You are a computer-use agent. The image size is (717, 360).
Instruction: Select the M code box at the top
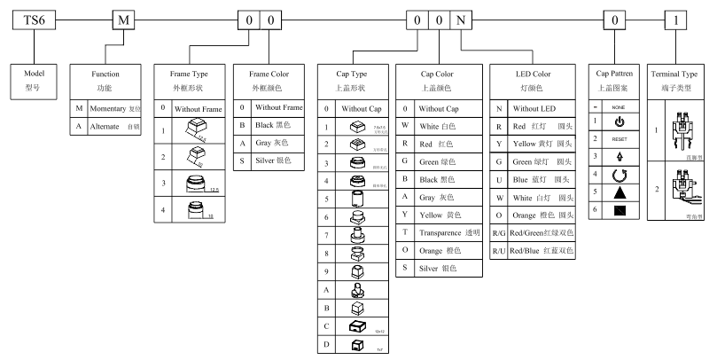122,20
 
